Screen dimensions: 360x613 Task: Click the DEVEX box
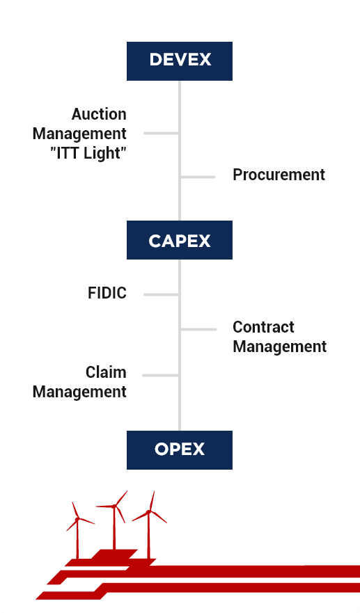tap(180, 61)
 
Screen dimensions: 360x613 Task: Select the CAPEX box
tap(180, 239)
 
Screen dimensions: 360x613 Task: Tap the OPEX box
tap(180, 450)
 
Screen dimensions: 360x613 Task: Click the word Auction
tap(99, 114)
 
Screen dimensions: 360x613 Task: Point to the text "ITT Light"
tap(88, 153)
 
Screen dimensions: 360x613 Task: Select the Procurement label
tap(279, 175)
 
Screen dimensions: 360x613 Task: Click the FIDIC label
tap(107, 293)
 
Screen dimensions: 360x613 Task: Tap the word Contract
tap(263, 327)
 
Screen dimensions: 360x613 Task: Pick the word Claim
tap(106, 372)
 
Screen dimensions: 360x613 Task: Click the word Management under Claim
tap(79, 392)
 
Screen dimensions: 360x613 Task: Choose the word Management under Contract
tap(280, 347)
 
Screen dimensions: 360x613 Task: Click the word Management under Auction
tap(79, 134)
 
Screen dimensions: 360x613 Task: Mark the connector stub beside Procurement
tap(198, 177)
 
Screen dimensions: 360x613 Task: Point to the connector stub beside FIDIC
tap(162, 294)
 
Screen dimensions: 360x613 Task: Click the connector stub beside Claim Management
tap(161, 375)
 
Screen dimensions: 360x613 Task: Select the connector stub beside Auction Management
tap(162, 134)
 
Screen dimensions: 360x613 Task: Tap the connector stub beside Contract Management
tap(198, 330)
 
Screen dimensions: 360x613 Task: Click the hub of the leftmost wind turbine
tap(77, 519)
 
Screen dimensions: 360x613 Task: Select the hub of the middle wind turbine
tap(114, 507)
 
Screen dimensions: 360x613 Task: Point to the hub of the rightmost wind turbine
tap(148, 511)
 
